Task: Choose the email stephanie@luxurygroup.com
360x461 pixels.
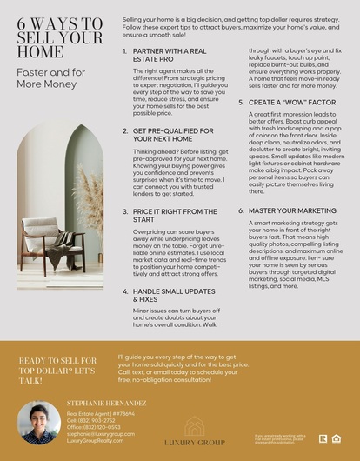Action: (x=100, y=434)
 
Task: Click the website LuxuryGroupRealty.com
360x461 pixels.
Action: (x=96, y=441)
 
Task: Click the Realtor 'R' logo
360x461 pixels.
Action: (x=323, y=438)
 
